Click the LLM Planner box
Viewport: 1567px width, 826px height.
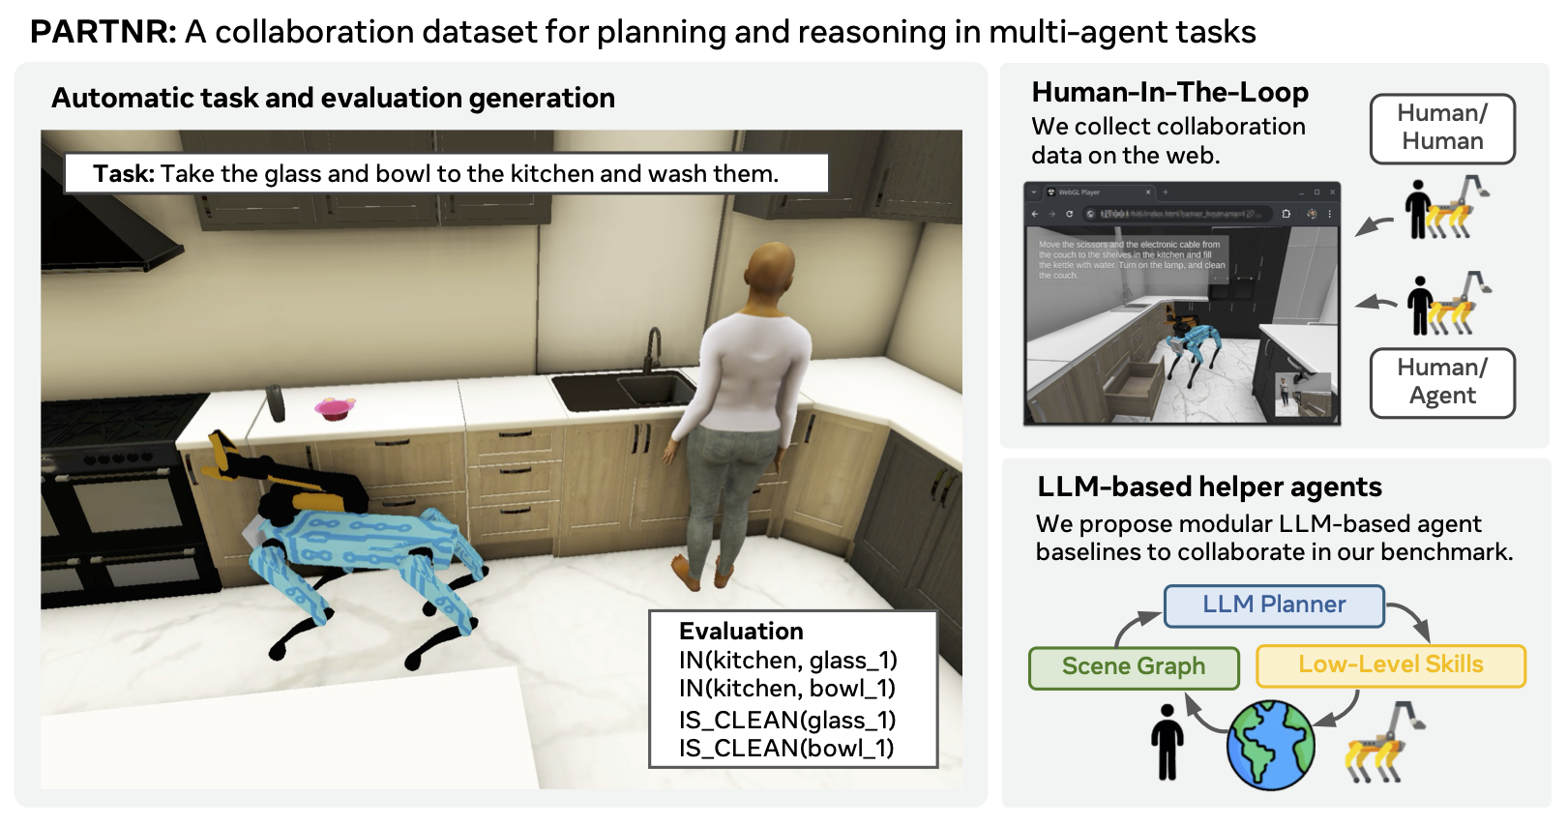(x=1274, y=605)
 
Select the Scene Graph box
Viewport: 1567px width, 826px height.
(x=1134, y=667)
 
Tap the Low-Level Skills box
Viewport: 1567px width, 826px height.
(x=1390, y=665)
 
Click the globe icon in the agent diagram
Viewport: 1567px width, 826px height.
(x=1270, y=745)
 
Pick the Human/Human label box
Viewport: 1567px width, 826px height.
(x=1442, y=128)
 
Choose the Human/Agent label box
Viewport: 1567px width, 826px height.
(x=1442, y=382)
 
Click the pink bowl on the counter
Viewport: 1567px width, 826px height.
(x=334, y=408)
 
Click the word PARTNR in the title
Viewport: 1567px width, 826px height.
(x=103, y=32)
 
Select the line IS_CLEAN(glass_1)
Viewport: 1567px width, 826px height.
(x=787, y=720)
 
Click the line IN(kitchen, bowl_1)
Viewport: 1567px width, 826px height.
(x=787, y=689)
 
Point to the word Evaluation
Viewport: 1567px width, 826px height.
(x=741, y=632)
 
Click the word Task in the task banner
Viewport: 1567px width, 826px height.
(x=123, y=174)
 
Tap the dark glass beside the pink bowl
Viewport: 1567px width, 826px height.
(x=276, y=402)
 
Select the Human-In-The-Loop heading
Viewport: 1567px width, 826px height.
(x=1169, y=92)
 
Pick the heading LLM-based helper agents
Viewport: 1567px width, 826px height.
(x=1209, y=487)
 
